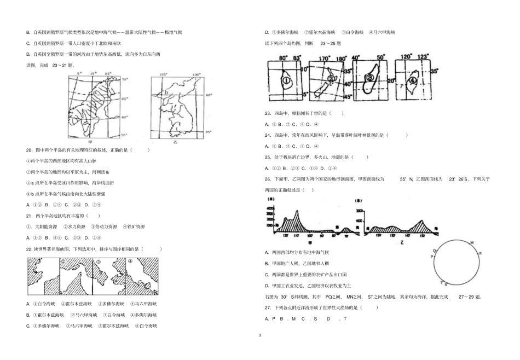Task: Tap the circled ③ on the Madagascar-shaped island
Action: [371, 78]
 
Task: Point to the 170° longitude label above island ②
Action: [324, 57]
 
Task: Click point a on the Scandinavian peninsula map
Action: [95, 93]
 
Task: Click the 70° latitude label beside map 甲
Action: [124, 79]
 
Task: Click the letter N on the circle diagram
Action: [479, 253]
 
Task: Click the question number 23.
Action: [268, 113]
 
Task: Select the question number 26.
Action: [268, 179]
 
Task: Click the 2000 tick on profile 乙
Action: [359, 211]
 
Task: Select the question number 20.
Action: [29, 149]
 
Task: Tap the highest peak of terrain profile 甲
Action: [296, 211]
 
